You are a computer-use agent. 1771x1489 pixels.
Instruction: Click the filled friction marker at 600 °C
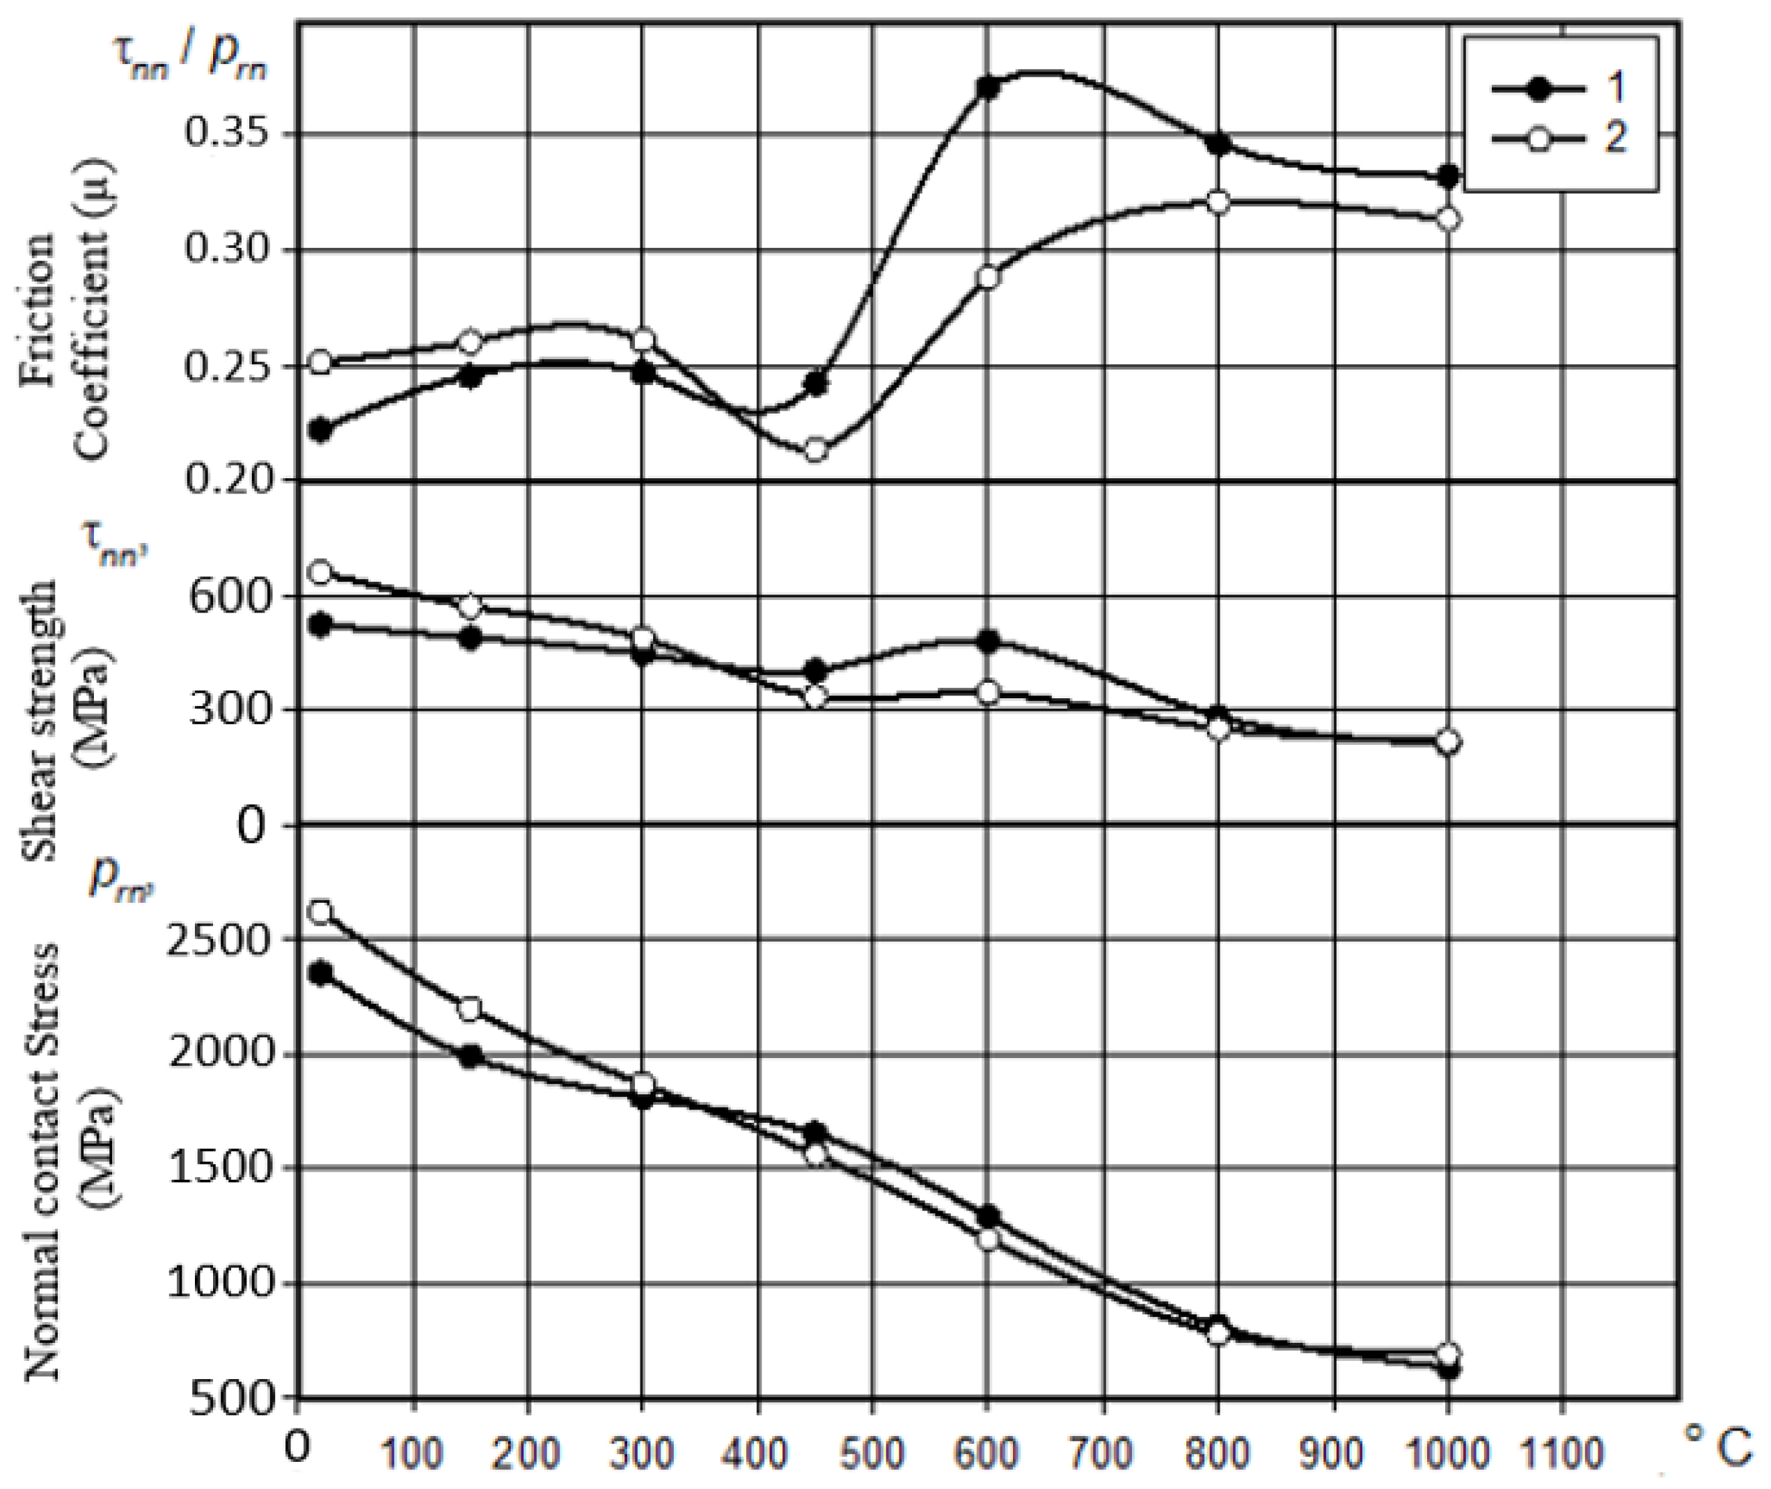click(x=988, y=88)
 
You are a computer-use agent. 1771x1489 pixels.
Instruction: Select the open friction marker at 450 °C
click(x=815, y=450)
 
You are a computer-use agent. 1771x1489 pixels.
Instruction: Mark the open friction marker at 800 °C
click(x=1218, y=203)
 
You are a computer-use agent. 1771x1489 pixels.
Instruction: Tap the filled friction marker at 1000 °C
click(x=1448, y=176)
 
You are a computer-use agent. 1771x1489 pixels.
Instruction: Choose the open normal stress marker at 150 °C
click(x=470, y=1009)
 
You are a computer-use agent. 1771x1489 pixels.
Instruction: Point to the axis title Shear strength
click(x=40, y=719)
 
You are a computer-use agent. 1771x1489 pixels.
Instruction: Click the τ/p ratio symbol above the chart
click(x=190, y=63)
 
